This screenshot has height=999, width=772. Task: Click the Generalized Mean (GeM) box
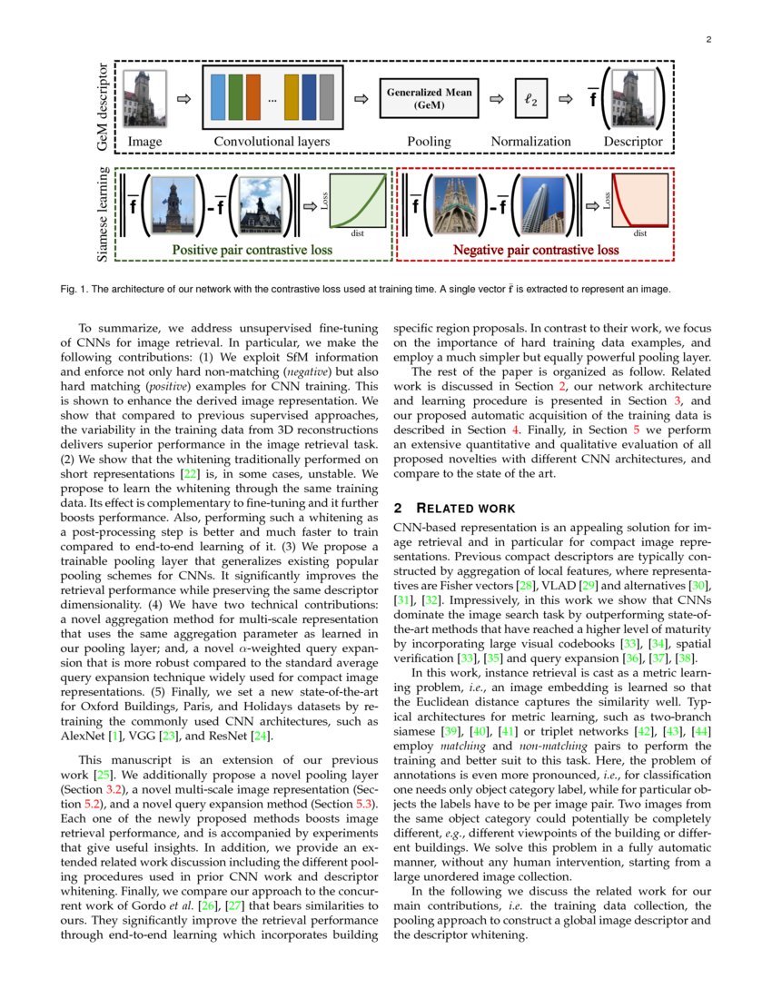coord(429,98)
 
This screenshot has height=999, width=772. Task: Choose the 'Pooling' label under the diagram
coord(429,142)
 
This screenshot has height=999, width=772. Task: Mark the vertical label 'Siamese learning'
coord(102,215)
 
